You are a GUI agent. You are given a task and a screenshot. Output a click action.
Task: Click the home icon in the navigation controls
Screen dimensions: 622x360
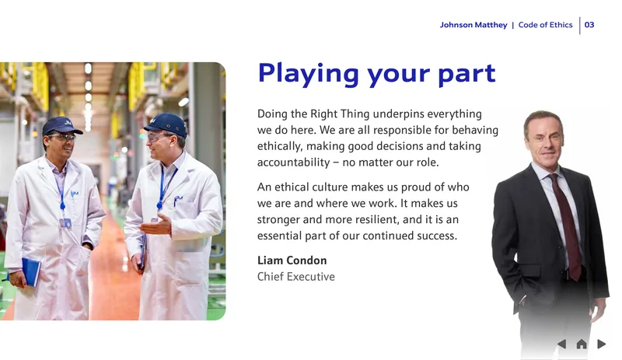tap(582, 344)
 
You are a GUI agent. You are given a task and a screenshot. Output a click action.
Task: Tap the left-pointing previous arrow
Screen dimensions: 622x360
tap(561, 344)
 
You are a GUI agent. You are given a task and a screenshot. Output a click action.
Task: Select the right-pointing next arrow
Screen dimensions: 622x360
tap(601, 344)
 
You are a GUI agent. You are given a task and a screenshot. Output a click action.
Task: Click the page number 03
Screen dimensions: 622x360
tap(589, 25)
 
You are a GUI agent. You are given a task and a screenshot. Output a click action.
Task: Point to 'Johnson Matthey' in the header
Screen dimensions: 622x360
tap(473, 25)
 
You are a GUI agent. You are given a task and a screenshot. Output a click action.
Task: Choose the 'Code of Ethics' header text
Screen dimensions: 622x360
tap(546, 25)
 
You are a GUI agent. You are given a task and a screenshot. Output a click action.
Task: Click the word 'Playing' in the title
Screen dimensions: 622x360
tap(308, 74)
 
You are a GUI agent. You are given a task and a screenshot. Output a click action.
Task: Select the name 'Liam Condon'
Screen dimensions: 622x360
tap(292, 260)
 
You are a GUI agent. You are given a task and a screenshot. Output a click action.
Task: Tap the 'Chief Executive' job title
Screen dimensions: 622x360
tap(296, 277)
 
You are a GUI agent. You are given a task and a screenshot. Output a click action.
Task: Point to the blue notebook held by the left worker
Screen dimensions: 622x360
tap(31, 271)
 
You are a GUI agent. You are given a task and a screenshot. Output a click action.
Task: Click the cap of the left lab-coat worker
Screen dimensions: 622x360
tap(61, 125)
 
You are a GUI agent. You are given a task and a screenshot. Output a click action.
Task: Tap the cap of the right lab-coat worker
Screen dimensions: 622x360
tap(166, 124)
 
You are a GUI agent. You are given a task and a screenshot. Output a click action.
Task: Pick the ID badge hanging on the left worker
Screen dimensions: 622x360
tap(65, 222)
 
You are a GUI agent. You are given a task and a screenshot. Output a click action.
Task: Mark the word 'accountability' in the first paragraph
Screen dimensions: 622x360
tap(294, 163)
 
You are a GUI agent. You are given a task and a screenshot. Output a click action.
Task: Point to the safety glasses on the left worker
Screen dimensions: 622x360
tap(62, 138)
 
